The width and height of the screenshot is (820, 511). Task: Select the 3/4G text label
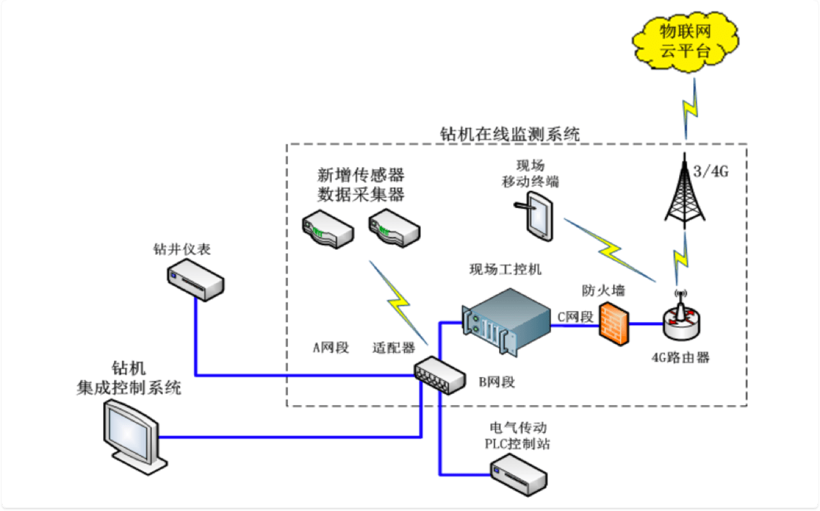pyautogui.click(x=712, y=172)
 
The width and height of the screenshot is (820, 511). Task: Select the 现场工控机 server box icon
pyautogui.click(x=507, y=321)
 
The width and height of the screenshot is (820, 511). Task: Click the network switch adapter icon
pyautogui.click(x=439, y=375)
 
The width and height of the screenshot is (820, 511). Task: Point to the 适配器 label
pyautogui.click(x=393, y=348)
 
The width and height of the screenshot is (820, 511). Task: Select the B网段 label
pyautogui.click(x=497, y=383)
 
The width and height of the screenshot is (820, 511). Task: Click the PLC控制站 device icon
pyautogui.click(x=519, y=474)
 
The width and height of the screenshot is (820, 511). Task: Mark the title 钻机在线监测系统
pyautogui.click(x=510, y=134)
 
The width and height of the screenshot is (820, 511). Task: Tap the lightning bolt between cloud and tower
pyautogui.click(x=688, y=110)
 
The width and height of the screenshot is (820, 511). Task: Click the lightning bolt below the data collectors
pyautogui.click(x=400, y=301)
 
